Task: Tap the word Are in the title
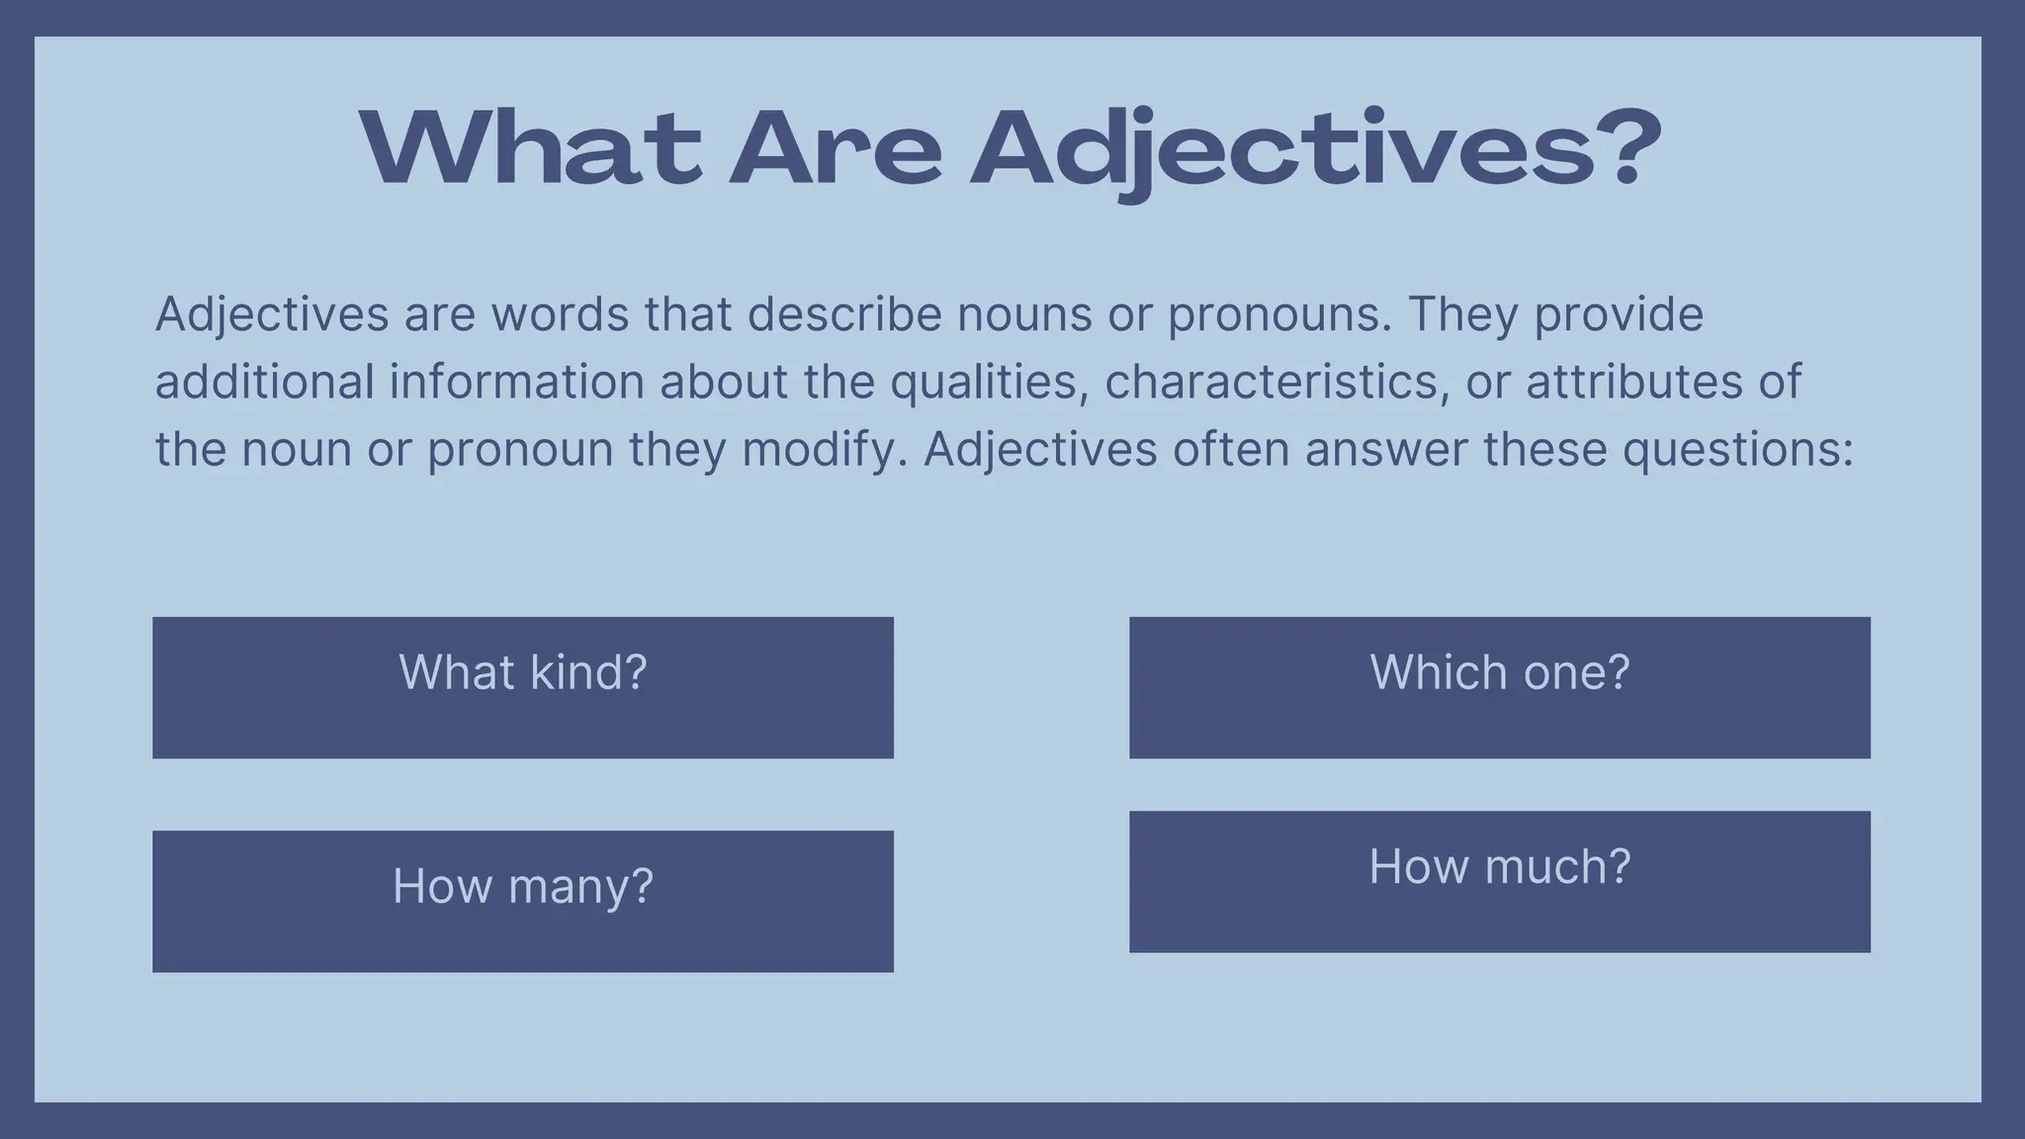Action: tap(836, 148)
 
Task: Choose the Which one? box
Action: tap(1499, 687)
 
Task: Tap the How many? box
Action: tap(522, 901)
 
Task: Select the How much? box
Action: tap(1499, 881)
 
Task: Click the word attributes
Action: tap(1633, 382)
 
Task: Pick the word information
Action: tap(516, 382)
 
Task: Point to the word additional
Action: tap(264, 382)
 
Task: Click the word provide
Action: tap(1619, 314)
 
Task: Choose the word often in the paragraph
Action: tap(1231, 449)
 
